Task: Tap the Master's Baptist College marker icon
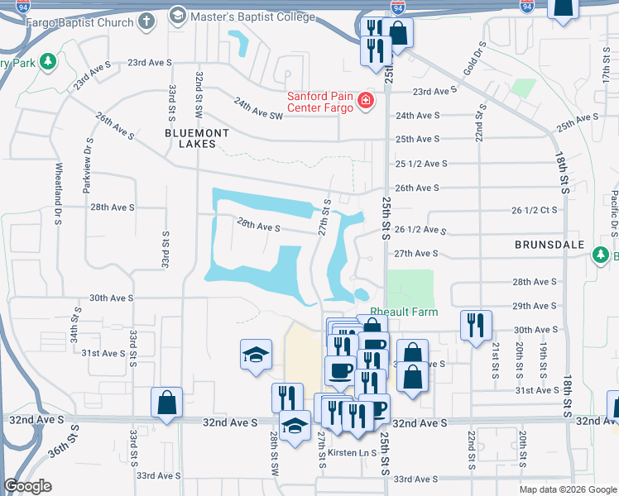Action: coord(177,15)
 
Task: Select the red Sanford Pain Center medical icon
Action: coord(365,102)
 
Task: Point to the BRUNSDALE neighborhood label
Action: coord(549,246)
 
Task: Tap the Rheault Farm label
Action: coord(403,312)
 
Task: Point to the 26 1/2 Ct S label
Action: coord(535,210)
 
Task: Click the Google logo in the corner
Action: coord(27,486)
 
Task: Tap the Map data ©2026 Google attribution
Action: coord(567,489)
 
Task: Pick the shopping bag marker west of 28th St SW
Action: coord(166,403)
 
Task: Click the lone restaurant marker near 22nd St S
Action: coord(476,325)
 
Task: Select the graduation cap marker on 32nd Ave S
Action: coord(294,426)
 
